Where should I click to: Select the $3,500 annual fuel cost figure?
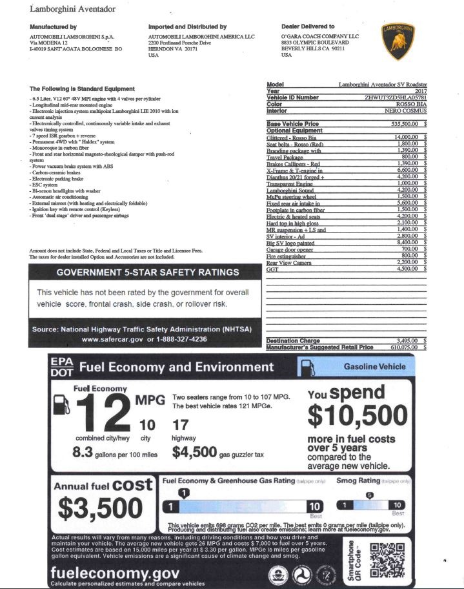pyautogui.click(x=104, y=509)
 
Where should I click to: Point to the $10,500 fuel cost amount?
pyautogui.click(x=356, y=413)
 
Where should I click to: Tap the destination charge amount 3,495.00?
pyautogui.click(x=407, y=340)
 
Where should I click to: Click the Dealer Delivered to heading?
pyautogui.click(x=308, y=26)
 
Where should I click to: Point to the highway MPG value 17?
pyautogui.click(x=181, y=425)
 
